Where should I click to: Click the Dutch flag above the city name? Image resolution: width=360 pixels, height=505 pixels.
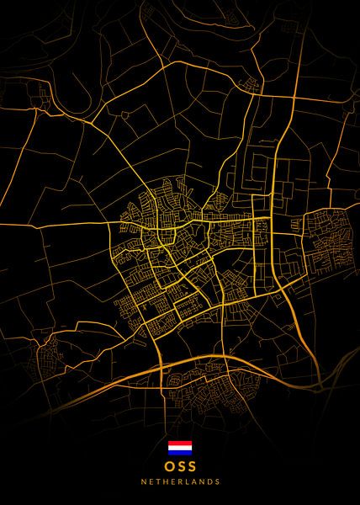(x=180, y=447)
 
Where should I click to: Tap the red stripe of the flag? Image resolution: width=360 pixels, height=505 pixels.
(x=180, y=443)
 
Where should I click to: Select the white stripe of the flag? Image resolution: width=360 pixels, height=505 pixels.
(x=180, y=447)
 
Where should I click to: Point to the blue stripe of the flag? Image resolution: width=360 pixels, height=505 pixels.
(x=180, y=452)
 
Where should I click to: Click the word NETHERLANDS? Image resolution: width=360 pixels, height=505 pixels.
(x=180, y=482)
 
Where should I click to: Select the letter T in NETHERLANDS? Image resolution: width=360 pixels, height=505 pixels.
(x=155, y=482)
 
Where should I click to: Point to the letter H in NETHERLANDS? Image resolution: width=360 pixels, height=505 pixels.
(x=161, y=482)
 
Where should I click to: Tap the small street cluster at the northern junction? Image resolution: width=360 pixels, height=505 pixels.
(x=250, y=83)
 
